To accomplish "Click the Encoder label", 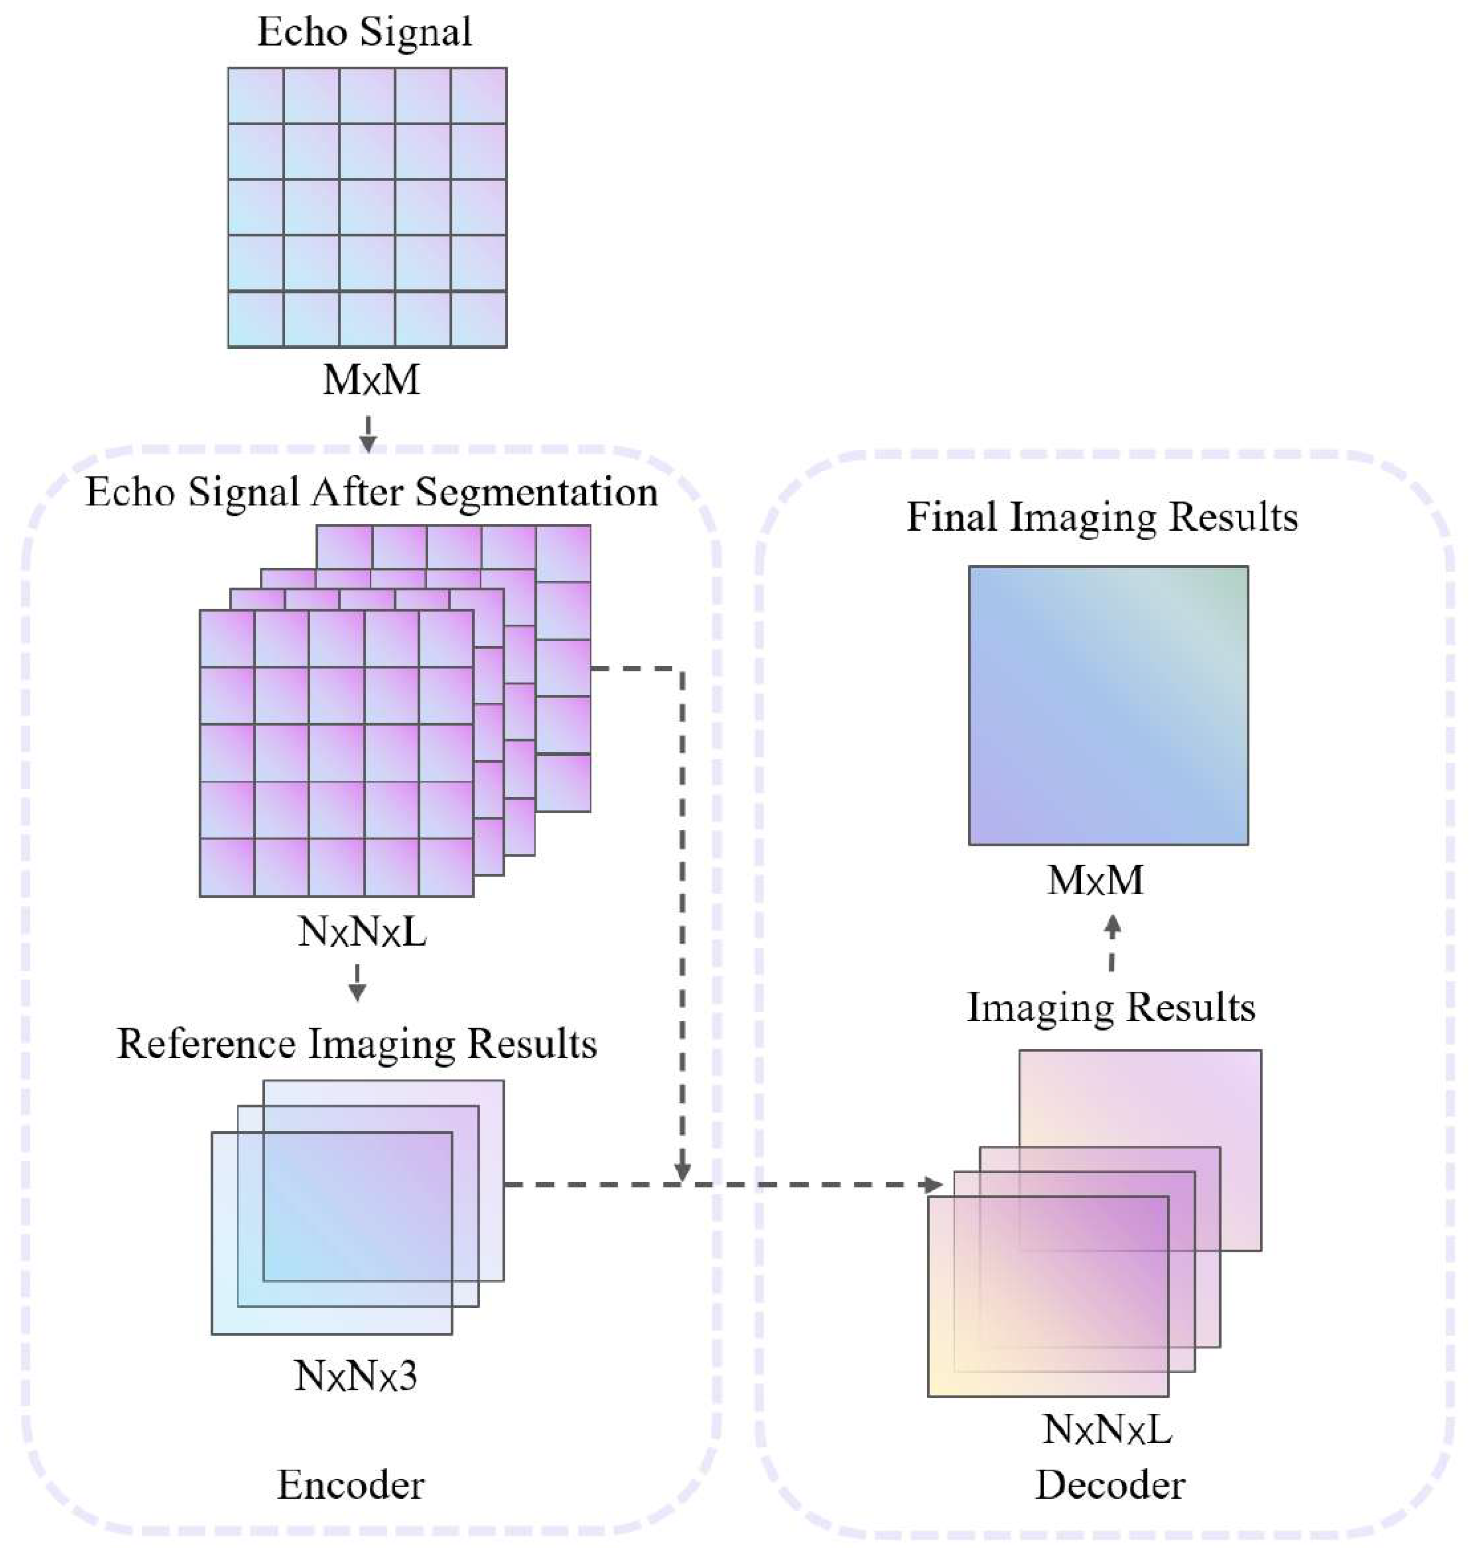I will [350, 1486].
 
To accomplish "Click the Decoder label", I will [1110, 1486].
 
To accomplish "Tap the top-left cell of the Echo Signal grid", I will [256, 95].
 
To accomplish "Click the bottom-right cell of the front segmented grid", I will [446, 868].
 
